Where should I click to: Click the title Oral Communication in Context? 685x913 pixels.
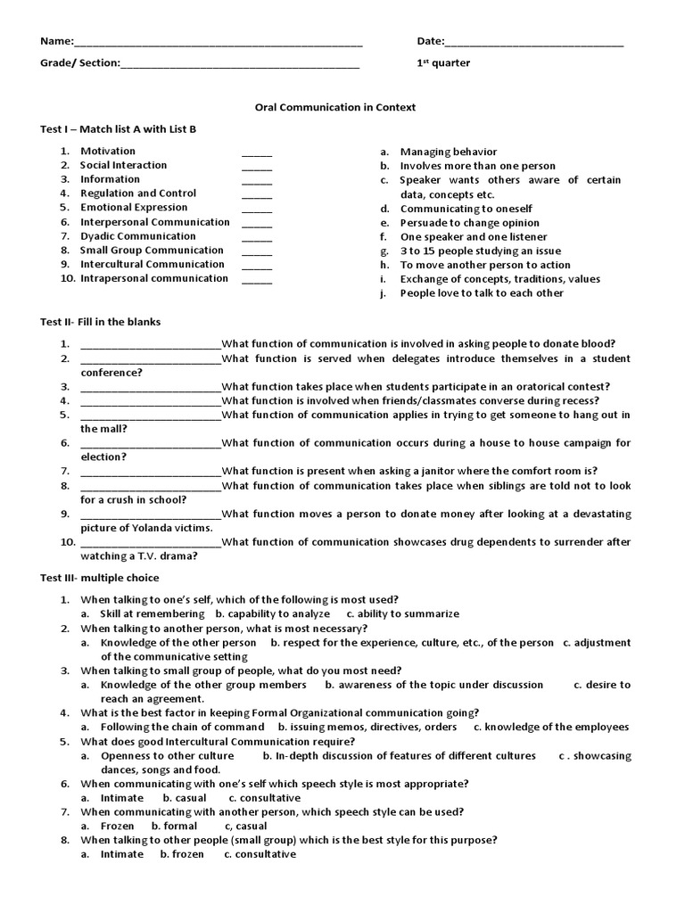334,107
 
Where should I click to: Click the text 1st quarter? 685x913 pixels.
443,63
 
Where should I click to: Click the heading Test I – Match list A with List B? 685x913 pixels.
118,129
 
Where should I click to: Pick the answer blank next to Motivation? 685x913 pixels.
257,154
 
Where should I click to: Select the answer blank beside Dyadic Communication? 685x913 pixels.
257,239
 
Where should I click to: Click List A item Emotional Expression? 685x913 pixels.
134,208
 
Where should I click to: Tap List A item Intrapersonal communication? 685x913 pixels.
154,278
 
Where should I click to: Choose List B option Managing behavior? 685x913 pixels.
449,152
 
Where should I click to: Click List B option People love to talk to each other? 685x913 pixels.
482,293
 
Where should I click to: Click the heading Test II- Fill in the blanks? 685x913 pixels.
101,322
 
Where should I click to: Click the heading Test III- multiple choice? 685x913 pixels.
100,579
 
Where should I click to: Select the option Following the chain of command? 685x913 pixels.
183,727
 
